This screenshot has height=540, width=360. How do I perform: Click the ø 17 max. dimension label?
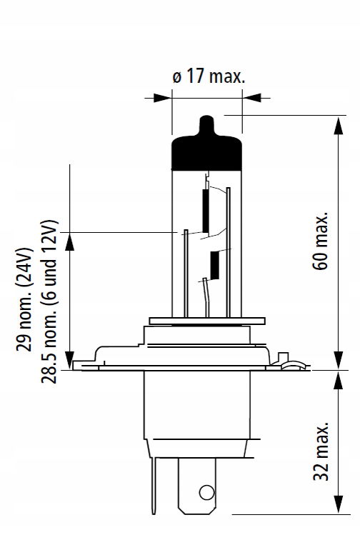tap(209, 76)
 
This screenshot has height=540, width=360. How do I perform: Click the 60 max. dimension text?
tap(321, 241)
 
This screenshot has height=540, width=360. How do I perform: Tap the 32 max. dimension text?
tap(321, 451)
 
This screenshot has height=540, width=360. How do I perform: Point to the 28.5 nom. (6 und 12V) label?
tap(49, 301)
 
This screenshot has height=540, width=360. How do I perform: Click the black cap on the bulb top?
tap(206, 151)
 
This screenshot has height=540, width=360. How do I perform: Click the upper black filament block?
tap(206, 211)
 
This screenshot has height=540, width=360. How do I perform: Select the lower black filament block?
tap(214, 265)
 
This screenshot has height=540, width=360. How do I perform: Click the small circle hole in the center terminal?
tap(206, 492)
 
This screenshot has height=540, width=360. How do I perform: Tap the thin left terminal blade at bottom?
tap(154, 486)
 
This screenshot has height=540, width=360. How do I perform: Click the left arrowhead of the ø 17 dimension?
tap(163, 98)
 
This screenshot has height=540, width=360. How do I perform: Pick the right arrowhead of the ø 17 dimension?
tap(251, 98)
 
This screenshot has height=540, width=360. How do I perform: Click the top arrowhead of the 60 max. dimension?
tap(339, 126)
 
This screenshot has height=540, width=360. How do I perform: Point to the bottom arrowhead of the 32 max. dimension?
tap(339, 504)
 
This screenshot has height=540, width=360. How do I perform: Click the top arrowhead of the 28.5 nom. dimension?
tap(69, 241)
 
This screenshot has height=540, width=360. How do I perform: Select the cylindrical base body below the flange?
tap(197, 405)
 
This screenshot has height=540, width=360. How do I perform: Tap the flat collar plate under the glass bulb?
tap(207, 321)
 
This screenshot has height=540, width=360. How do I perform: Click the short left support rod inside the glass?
tap(186, 274)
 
